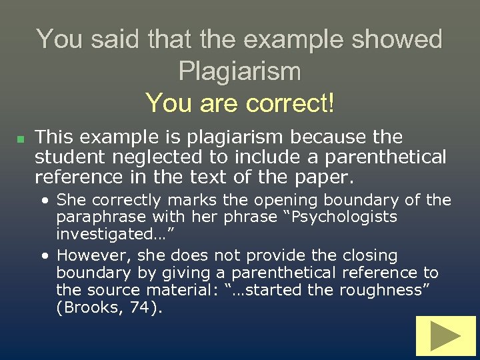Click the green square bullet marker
20,139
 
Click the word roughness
373,290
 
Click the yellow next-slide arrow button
445,336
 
